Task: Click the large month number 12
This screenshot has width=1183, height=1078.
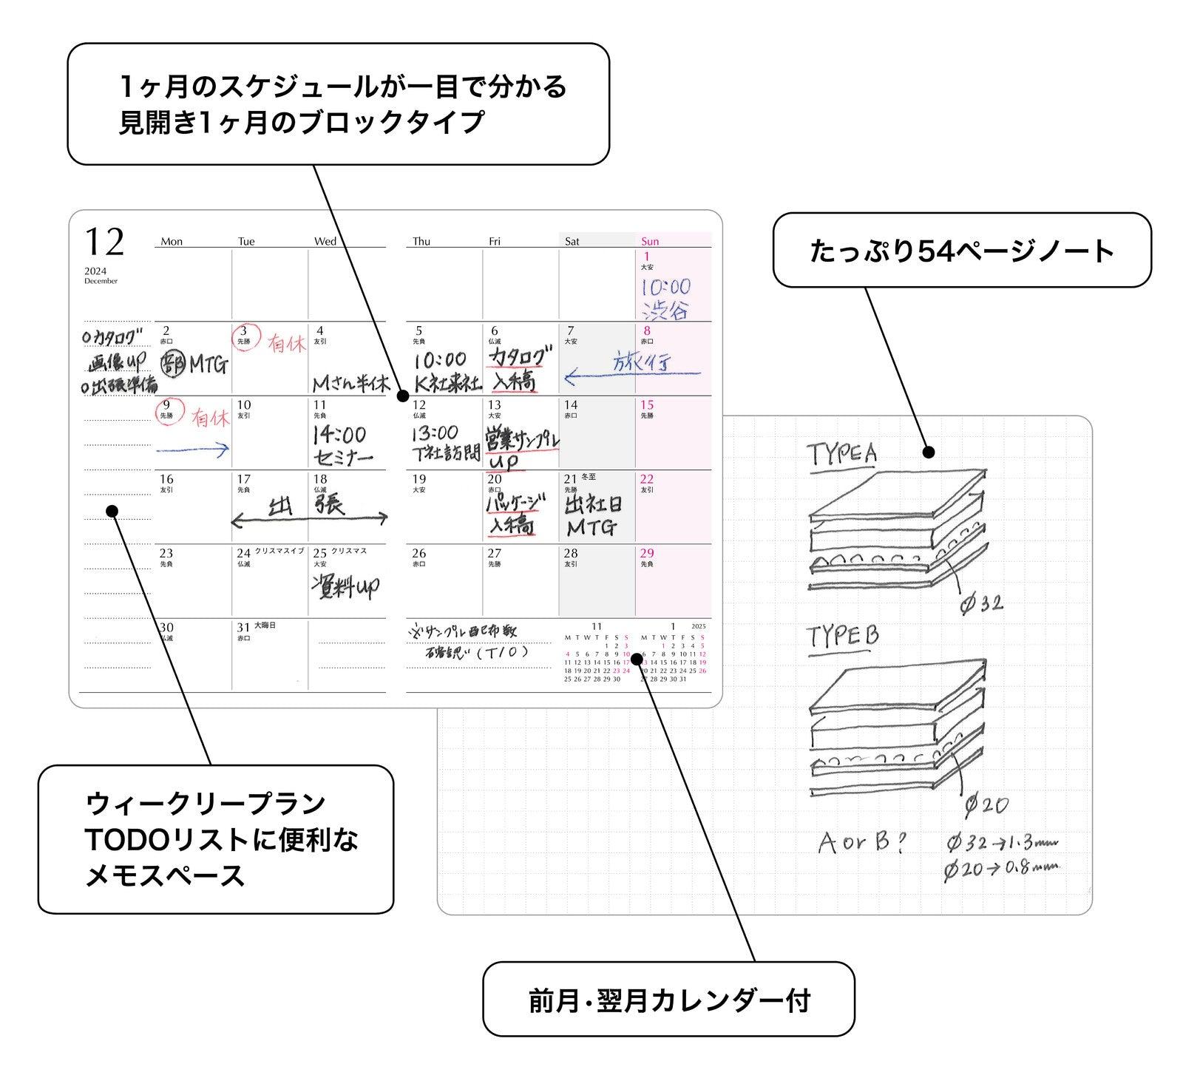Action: pos(104,242)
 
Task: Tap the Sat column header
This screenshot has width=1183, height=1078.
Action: pos(572,242)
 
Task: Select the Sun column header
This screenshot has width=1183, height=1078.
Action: pos(650,242)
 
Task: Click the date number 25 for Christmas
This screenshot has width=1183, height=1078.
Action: pos(320,553)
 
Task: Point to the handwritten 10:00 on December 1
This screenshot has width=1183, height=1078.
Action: pos(665,287)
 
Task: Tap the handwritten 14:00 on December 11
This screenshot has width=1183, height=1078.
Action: pos(339,434)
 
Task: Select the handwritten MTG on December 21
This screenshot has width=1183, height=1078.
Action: pos(591,528)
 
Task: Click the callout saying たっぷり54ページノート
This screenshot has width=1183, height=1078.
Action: pos(961,251)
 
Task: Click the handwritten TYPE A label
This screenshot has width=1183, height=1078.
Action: pos(841,452)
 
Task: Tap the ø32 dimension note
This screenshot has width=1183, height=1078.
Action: pos(982,604)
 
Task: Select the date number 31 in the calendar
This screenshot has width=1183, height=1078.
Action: pos(243,628)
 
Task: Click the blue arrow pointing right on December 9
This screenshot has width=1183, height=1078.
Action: pos(192,448)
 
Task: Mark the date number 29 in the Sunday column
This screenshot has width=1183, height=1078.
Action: pos(647,553)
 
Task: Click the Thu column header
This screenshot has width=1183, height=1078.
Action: pos(421,242)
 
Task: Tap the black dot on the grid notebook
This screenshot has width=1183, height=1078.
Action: pos(929,452)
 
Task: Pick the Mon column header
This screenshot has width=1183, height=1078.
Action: pos(172,242)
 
